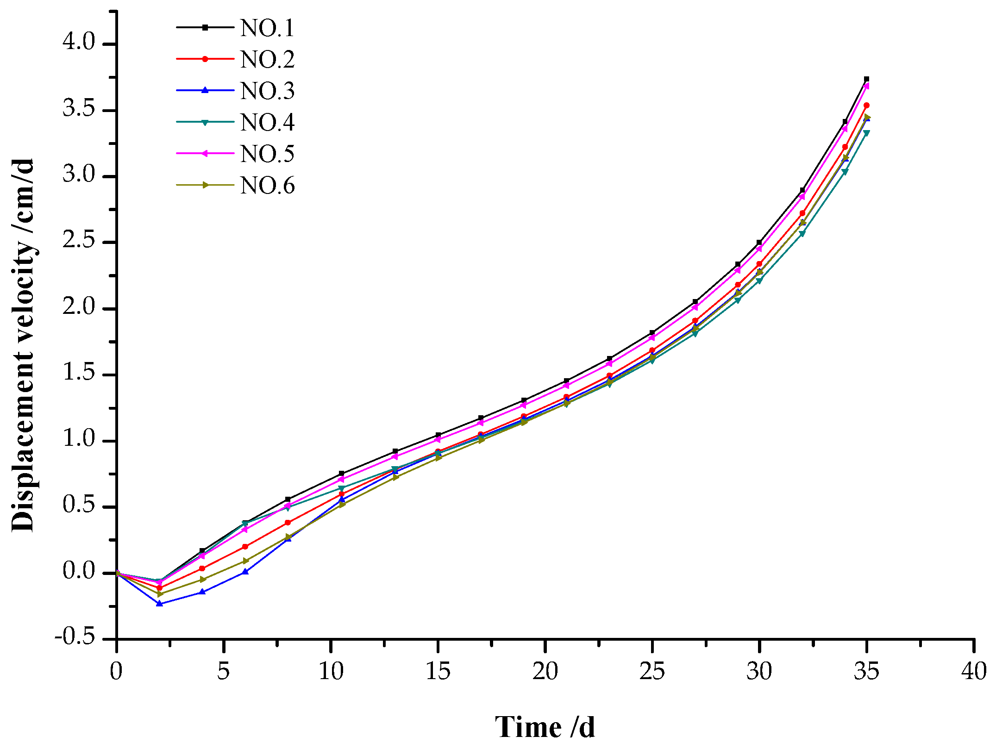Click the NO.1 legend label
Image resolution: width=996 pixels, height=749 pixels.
pos(267,28)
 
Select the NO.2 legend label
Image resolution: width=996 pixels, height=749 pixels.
pos(267,60)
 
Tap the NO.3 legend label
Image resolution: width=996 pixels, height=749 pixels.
pos(267,91)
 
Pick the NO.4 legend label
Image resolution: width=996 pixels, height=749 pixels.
pos(267,123)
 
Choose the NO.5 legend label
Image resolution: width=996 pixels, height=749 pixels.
pos(267,154)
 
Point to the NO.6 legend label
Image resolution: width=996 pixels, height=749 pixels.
pos(267,186)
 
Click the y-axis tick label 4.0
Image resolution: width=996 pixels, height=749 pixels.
pos(79,43)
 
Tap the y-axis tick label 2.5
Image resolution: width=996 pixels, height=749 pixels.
pos(79,241)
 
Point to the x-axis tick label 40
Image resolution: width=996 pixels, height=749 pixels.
pos(974,671)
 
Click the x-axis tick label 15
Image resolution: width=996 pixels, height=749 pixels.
pos(438,671)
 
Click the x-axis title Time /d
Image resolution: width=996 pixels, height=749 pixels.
pos(545,727)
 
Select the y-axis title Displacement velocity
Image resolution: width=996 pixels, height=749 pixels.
pos(23,345)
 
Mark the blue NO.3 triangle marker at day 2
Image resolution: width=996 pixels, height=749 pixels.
pos(160,603)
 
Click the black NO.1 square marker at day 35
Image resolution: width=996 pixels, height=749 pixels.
pos(866,79)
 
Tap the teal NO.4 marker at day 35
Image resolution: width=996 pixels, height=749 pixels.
pos(866,133)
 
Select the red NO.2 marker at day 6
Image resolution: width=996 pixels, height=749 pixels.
pos(245,547)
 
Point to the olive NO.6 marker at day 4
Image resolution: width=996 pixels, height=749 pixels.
pos(202,579)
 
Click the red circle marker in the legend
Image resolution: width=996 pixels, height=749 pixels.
pos(205,59)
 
